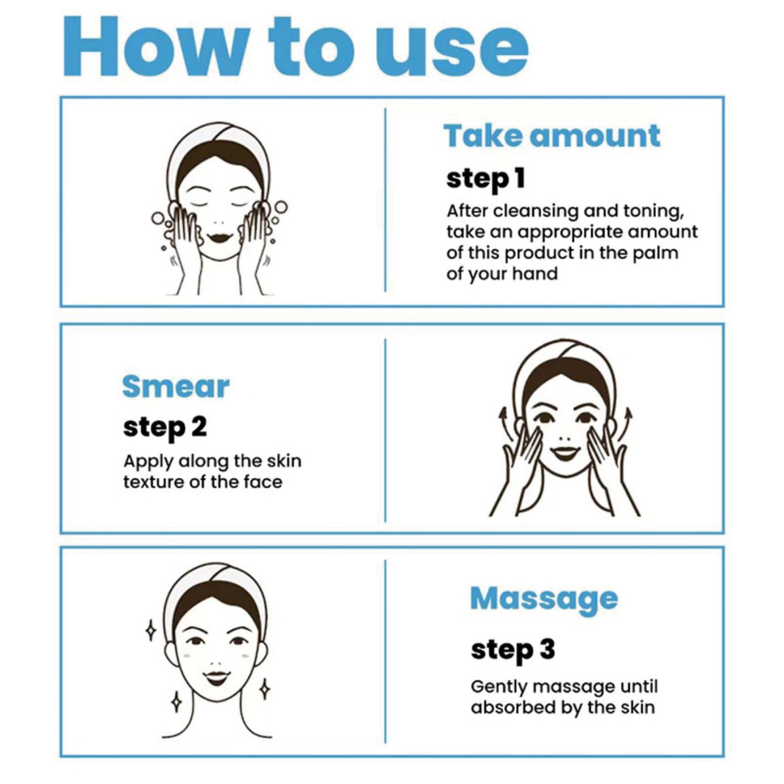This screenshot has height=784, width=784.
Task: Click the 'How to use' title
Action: click(296, 46)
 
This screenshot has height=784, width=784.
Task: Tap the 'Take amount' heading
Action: click(551, 136)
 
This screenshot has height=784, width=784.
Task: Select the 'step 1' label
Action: click(486, 180)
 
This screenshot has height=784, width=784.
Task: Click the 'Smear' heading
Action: click(176, 387)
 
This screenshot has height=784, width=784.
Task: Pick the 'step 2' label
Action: click(165, 428)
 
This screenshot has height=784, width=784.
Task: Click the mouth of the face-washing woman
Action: click(220, 237)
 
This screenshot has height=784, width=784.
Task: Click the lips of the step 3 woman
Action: click(217, 678)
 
